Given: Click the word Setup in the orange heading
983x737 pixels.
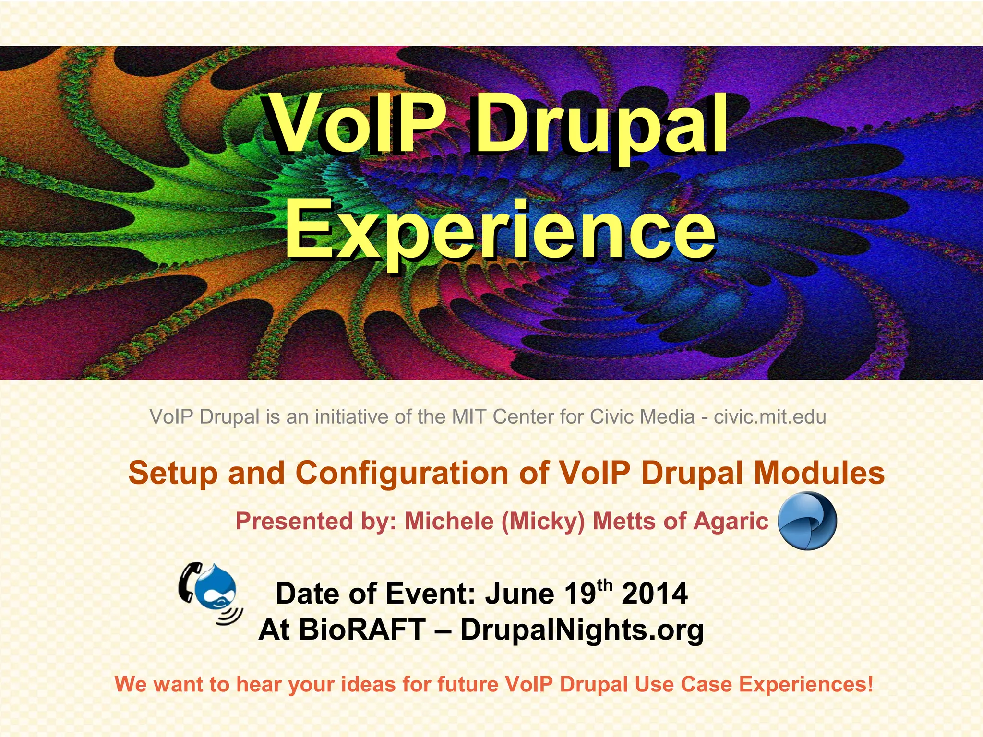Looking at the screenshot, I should [x=173, y=474].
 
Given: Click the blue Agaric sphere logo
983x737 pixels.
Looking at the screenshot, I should [x=807, y=521].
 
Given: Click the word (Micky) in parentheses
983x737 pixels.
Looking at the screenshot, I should [x=542, y=522].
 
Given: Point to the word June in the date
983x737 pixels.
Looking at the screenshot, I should [x=520, y=594].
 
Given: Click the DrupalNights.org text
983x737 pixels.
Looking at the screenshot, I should [x=582, y=630].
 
